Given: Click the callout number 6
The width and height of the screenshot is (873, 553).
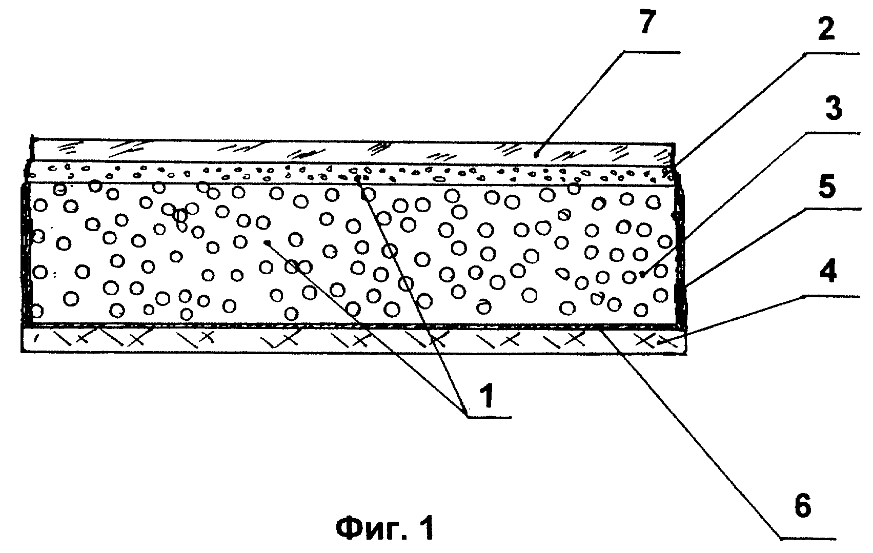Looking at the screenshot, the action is pyautogui.click(x=802, y=505).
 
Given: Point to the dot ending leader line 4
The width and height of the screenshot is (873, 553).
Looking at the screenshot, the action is pyautogui.click(x=659, y=342).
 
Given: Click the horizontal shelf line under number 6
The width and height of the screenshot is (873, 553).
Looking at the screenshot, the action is pyautogui.click(x=808, y=540).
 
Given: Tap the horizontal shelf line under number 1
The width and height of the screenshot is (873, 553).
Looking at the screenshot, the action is pyautogui.click(x=489, y=418).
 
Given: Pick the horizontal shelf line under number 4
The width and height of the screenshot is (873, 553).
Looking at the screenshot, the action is pyautogui.click(x=832, y=297).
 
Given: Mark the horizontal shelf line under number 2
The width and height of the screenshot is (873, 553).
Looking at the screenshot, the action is pyautogui.click(x=832, y=54).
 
